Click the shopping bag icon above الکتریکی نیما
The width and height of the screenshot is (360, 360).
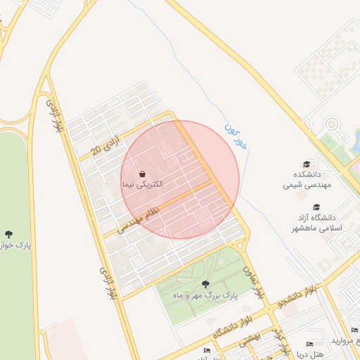pyautogui.click(x=143, y=173)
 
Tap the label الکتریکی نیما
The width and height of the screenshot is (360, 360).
pyautogui.click(x=143, y=184)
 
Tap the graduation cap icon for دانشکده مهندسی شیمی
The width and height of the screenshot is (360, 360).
pyautogui.click(x=306, y=163)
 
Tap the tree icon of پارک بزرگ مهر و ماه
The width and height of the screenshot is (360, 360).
pyautogui.click(x=205, y=284)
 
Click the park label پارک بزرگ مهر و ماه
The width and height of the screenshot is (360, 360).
pyautogui.click(x=207, y=296)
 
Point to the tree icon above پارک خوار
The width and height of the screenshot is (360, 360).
pyautogui.click(x=8, y=234)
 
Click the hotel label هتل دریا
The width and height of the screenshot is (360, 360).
pyautogui.click(x=310, y=355)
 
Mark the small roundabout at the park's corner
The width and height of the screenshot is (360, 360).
pyautogui.click(x=240, y=245)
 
